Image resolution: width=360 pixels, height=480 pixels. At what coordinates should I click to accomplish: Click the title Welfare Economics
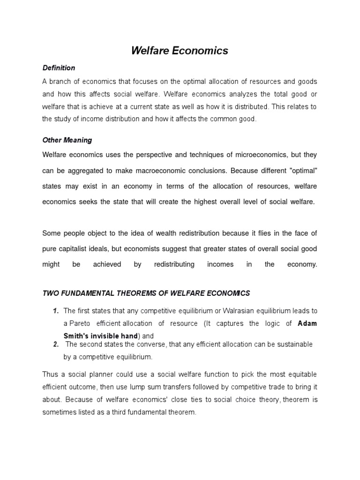point(180,51)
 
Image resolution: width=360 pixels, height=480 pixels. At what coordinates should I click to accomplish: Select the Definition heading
point(59,68)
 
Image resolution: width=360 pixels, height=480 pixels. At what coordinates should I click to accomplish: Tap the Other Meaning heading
point(67,140)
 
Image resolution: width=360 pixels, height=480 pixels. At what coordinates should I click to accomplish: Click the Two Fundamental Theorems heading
point(146,293)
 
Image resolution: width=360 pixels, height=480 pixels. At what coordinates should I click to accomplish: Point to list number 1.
point(55,311)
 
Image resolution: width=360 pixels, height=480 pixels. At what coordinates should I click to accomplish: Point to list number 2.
point(55,345)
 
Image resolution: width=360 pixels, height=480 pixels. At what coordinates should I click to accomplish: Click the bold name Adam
point(307,323)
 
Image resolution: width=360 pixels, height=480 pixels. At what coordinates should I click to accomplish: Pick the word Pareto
point(80,323)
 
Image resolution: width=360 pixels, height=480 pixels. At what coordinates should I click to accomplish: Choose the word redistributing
point(174,264)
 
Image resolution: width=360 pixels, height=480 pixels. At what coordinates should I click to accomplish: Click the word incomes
point(220,264)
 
